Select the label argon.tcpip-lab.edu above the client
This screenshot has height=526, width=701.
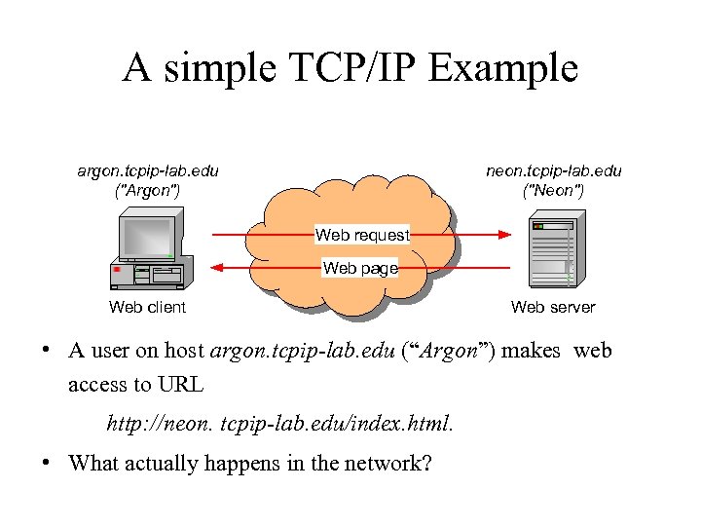148,170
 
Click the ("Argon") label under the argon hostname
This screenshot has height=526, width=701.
147,190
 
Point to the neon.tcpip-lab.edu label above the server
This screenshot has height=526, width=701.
554,170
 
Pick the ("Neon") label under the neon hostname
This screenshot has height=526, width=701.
553,190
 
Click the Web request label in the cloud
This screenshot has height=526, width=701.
362,235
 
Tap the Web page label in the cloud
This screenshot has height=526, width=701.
360,268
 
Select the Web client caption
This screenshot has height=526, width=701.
148,308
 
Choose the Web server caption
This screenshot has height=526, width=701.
553,308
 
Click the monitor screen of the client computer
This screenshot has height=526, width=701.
146,237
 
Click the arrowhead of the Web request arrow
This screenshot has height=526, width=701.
505,235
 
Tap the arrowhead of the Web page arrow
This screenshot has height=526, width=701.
218,268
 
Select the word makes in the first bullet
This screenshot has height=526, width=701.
531,351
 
